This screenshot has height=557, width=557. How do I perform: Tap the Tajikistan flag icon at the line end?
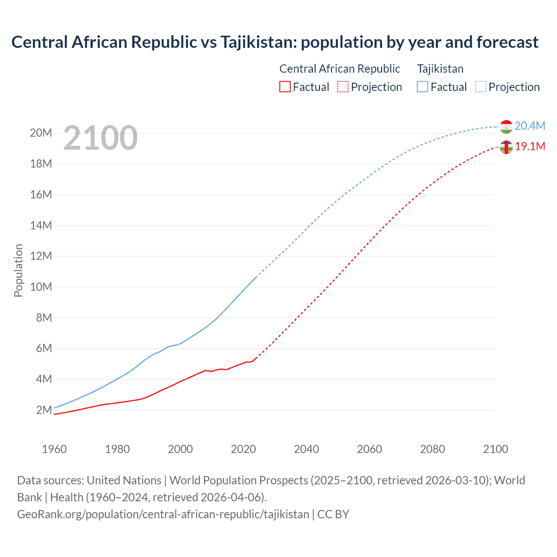(506, 127)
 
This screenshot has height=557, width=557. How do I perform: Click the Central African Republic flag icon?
(506, 148)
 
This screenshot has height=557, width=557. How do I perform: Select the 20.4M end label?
(530, 126)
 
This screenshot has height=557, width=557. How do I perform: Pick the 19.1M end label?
(530, 147)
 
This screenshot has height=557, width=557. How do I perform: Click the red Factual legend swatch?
(285, 87)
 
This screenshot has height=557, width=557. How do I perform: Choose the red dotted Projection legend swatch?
(343, 87)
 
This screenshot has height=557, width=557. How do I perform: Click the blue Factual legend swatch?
(423, 87)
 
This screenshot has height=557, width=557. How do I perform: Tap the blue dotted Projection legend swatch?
(481, 87)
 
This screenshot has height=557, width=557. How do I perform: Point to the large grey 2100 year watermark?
(101, 138)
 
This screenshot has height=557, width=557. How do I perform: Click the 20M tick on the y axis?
(41, 133)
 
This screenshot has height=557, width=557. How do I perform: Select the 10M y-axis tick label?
(41, 287)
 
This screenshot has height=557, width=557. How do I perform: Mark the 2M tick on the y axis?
(44, 410)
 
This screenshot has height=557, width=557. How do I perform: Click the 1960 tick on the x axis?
(54, 449)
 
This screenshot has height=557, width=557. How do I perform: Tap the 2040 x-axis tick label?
(306, 449)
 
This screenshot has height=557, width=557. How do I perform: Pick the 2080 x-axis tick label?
(433, 449)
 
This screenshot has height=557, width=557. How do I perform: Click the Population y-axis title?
(18, 271)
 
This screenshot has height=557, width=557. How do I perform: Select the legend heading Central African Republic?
(339, 69)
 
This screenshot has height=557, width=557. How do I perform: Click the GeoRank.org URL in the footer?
(163, 514)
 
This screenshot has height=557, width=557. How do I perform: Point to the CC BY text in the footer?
(333, 514)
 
